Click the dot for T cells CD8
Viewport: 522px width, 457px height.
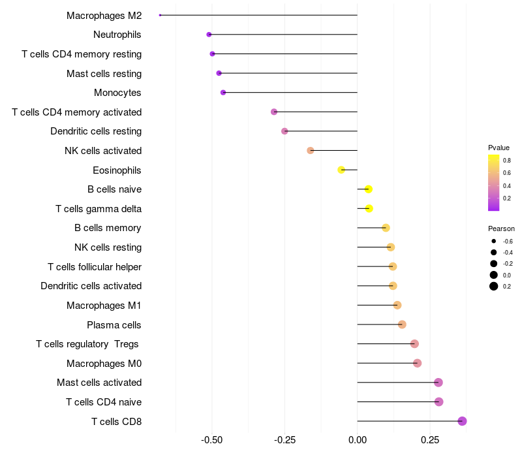(463, 421)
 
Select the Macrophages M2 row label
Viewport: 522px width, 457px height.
(104, 15)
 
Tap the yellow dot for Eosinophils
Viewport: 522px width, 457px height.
(341, 170)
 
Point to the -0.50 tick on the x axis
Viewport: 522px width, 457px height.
(212, 441)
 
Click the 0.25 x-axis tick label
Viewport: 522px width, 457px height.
(429, 441)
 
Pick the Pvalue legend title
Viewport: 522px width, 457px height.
(499, 148)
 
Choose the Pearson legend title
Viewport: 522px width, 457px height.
(501, 229)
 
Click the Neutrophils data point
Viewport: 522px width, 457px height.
(209, 35)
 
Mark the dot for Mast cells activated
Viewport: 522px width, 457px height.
(438, 383)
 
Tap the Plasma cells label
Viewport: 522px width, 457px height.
(114, 324)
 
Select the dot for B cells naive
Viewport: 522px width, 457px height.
(369, 189)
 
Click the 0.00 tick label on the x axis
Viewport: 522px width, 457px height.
(358, 441)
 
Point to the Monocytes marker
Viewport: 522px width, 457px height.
(223, 93)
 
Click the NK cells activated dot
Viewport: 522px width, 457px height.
(311, 151)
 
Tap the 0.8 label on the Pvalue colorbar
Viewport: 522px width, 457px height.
(506, 160)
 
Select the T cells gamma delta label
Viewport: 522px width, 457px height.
(99, 209)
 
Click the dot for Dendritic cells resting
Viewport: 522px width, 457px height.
(284, 131)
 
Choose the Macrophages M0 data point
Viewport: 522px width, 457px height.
(418, 363)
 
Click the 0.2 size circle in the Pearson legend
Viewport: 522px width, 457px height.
(494, 286)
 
